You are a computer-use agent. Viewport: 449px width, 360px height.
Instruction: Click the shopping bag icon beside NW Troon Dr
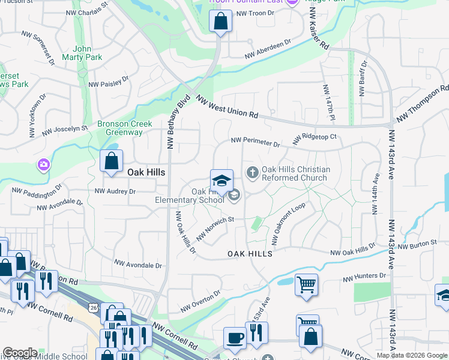[x=220, y=22]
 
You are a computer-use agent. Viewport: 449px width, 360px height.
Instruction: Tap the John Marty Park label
[x=87, y=53]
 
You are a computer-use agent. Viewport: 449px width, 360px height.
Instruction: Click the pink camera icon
[x=43, y=164]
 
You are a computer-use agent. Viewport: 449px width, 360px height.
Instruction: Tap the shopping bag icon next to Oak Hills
[x=112, y=161]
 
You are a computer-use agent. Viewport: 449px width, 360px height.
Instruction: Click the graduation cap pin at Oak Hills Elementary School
[x=221, y=180]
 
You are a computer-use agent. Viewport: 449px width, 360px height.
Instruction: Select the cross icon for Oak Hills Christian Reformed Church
[x=253, y=173]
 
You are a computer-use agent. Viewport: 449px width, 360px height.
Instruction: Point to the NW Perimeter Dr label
[x=256, y=143]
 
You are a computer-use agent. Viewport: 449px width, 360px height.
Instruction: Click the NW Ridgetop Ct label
[x=315, y=139]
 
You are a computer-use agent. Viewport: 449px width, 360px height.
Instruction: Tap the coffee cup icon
[x=235, y=337]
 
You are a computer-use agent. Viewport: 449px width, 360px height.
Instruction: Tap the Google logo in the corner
[x=20, y=353]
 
